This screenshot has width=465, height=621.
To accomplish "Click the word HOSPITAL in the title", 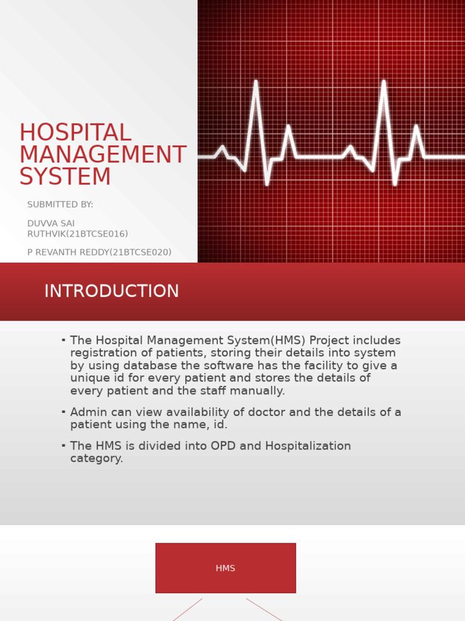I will (x=75, y=133).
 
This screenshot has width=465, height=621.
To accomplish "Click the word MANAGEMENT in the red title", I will (x=103, y=155).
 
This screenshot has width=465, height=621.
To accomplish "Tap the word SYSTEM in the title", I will (x=65, y=177).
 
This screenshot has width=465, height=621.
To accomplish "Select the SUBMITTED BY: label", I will (x=60, y=205).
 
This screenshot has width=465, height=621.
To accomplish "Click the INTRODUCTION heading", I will (x=111, y=292).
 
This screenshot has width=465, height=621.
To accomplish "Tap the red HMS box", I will (x=225, y=568).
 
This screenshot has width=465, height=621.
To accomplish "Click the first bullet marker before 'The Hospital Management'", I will (x=64, y=340).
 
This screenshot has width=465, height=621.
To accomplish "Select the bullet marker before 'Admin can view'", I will (x=64, y=411).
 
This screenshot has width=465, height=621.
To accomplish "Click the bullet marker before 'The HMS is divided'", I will (x=64, y=445).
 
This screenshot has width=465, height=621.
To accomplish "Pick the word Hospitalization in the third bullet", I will (x=307, y=446).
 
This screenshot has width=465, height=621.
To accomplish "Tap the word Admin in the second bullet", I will (x=87, y=412).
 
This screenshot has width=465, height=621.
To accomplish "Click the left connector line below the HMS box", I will (x=187, y=609).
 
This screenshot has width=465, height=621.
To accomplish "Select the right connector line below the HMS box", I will (x=264, y=609).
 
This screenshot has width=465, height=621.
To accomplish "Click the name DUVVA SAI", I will (x=51, y=224).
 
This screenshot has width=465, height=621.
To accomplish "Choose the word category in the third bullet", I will (x=96, y=459).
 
